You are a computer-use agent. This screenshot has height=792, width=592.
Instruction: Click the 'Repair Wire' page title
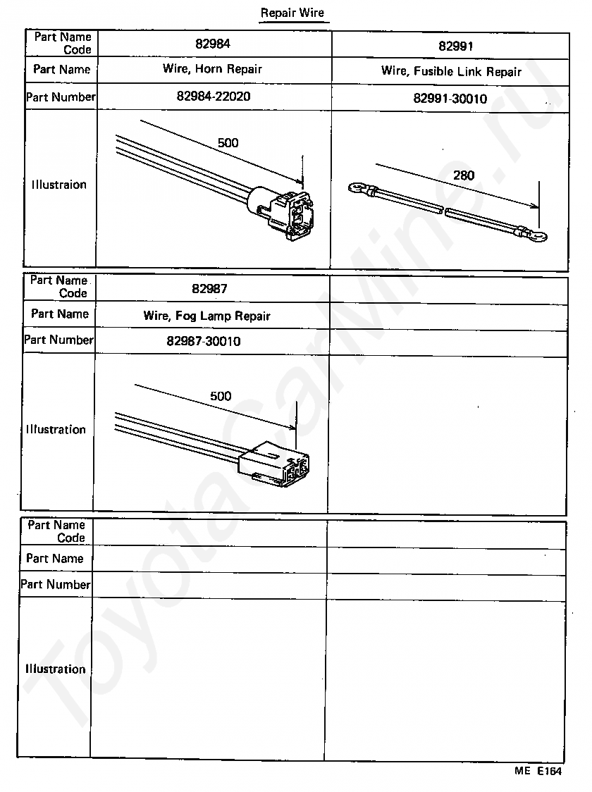(292, 13)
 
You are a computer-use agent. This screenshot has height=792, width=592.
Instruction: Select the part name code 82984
(213, 44)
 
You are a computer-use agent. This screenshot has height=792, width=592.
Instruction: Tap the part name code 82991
(455, 47)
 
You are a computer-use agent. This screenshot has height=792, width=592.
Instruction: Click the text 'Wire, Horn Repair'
(212, 69)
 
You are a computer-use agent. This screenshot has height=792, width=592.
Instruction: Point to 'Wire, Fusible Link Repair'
(451, 71)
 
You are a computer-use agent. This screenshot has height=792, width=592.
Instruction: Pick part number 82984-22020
(213, 97)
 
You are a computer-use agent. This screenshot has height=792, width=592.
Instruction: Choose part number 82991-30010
(450, 99)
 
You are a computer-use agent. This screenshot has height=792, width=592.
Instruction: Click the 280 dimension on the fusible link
(464, 175)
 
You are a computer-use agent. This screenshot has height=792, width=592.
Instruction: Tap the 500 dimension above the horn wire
(228, 143)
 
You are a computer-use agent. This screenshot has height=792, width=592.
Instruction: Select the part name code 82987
(209, 288)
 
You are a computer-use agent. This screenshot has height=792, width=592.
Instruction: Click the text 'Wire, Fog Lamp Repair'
(206, 316)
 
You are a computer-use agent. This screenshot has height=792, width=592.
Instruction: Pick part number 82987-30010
(204, 341)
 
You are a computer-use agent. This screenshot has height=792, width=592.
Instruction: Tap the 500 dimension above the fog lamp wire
(221, 396)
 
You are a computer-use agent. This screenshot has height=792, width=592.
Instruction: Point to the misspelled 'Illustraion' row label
(59, 185)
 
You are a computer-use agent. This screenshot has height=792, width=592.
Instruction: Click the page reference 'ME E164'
(538, 771)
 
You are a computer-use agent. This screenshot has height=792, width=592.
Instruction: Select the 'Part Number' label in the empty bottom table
(56, 584)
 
